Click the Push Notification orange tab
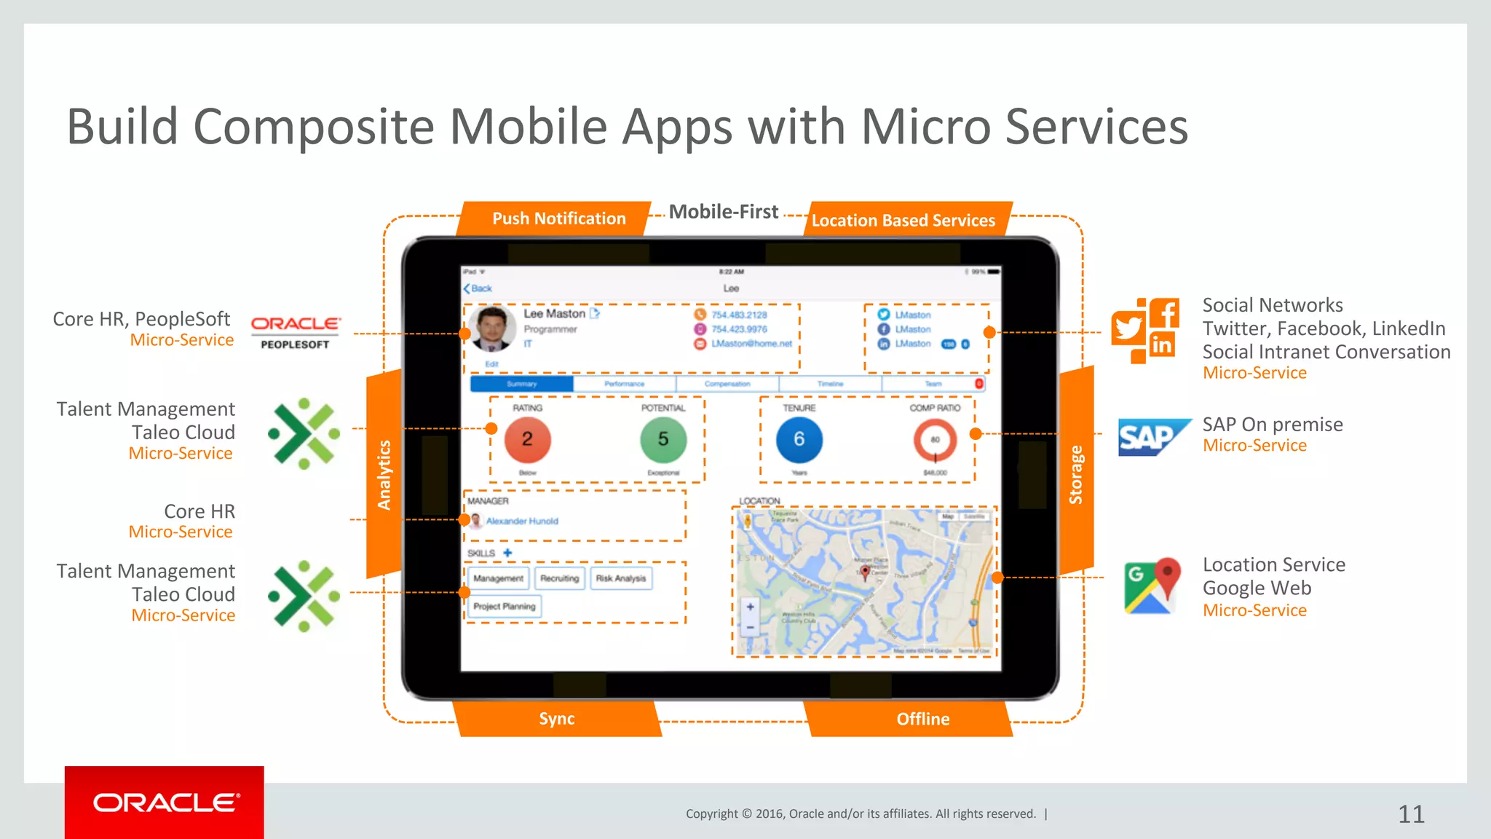558,218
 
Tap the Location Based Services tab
903,220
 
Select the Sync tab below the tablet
557,719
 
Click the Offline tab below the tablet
922,719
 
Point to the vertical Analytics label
384,475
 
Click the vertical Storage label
1075,475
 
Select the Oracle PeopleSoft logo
296,332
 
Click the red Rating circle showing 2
527,439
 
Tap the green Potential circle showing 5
663,439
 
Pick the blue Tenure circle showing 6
799,439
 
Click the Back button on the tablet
478,288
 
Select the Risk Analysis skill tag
621,578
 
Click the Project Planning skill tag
504,606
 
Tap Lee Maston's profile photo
492,328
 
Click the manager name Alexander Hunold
522,521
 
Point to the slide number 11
1411,814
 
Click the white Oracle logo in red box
165,803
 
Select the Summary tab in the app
522,384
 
